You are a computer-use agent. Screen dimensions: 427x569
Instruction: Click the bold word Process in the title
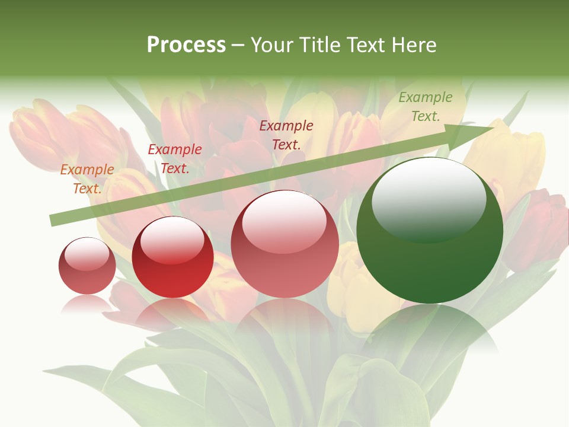[x=186, y=45]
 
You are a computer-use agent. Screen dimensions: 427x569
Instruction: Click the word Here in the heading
[x=414, y=45]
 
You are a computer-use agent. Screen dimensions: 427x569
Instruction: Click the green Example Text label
[x=425, y=107]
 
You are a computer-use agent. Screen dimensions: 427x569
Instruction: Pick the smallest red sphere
[x=87, y=266]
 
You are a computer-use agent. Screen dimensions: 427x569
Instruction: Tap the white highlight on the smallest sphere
[x=87, y=254]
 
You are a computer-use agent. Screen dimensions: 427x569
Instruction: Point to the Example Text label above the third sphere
[x=286, y=135]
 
